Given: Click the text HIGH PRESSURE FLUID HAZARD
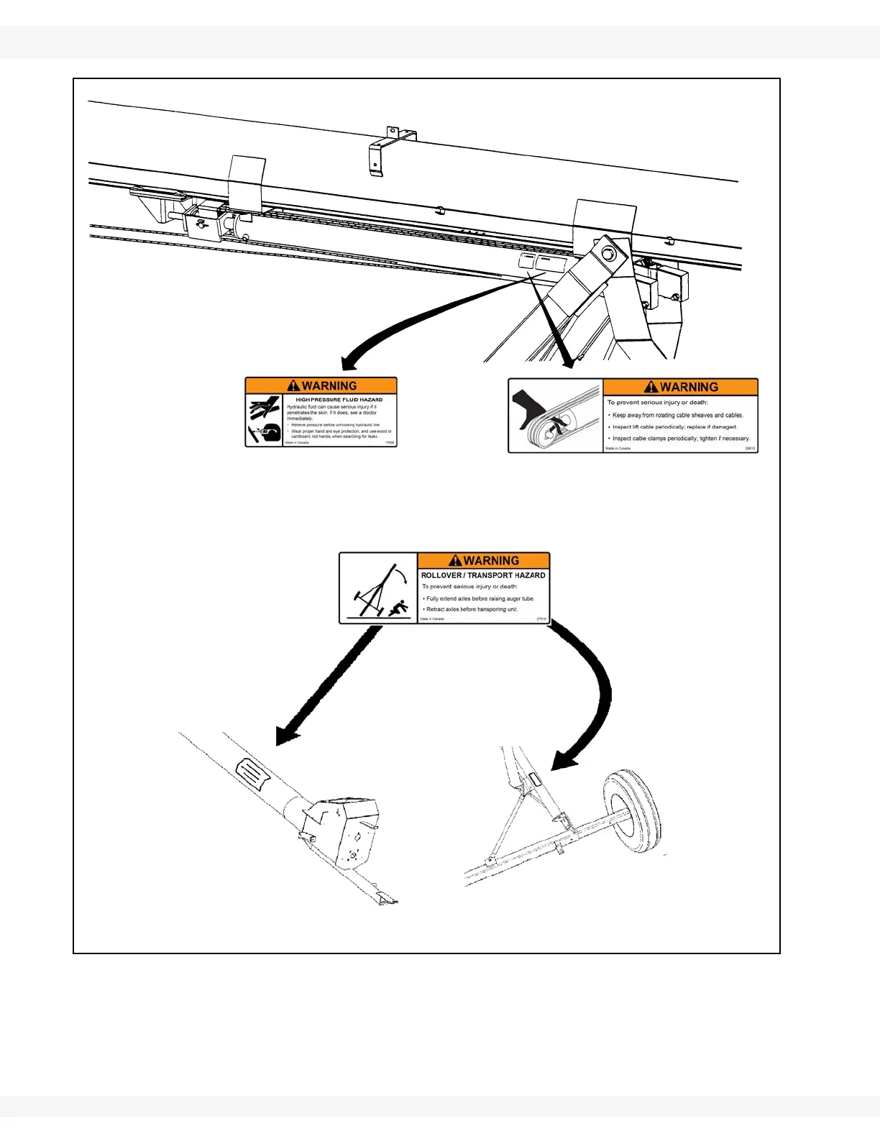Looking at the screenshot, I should [339, 400].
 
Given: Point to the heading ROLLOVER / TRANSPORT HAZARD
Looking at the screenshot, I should [483, 575].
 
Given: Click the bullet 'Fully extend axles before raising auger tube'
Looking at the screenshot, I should [480, 598].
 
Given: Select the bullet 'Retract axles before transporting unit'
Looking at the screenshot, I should [472, 609].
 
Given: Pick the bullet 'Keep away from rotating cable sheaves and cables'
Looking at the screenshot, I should [677, 415].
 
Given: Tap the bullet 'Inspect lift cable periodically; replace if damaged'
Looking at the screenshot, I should [674, 426].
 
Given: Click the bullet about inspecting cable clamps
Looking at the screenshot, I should [680, 438].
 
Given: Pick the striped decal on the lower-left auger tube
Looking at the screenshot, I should [251, 772].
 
